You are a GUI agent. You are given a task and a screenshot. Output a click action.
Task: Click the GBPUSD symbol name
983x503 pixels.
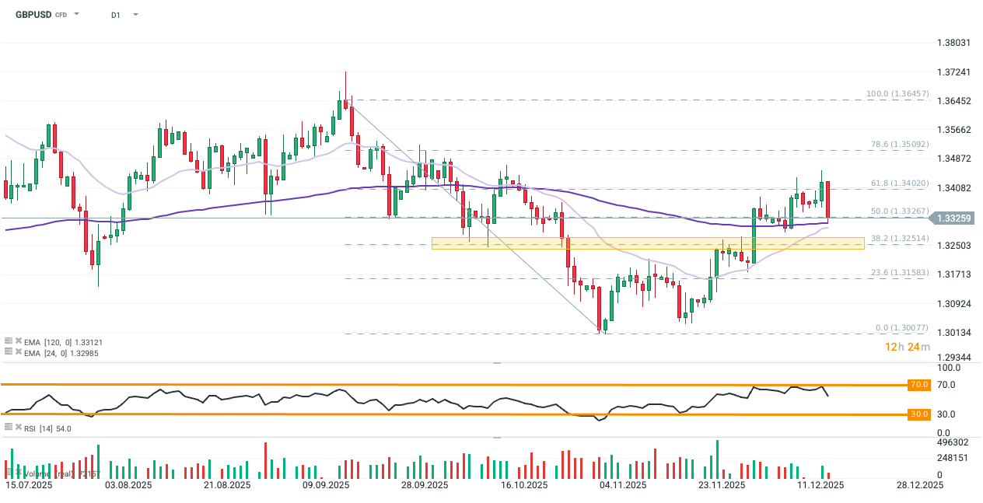tap(33, 15)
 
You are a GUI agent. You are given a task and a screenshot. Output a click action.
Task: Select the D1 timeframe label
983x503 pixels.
tap(116, 15)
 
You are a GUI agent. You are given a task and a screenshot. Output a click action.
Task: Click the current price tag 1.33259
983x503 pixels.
tap(953, 218)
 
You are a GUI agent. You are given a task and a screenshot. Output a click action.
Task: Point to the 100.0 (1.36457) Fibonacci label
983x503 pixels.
tap(897, 94)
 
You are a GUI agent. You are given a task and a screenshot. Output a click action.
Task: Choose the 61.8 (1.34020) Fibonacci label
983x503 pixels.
tap(900, 183)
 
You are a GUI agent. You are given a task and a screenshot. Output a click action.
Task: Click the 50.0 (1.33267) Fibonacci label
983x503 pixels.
tap(900, 211)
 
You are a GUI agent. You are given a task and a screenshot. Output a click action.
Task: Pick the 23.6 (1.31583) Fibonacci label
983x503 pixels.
tap(900, 273)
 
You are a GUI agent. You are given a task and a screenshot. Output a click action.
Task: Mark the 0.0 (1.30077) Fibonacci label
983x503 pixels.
tap(902, 328)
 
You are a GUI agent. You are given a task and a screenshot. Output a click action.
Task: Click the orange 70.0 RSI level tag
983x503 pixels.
tap(918, 385)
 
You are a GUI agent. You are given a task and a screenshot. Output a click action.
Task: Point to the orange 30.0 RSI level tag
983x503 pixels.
tap(918, 414)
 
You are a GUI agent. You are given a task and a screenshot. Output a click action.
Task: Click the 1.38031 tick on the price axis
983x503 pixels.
tap(953, 43)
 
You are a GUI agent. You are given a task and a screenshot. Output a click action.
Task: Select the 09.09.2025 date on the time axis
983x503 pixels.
tap(325, 485)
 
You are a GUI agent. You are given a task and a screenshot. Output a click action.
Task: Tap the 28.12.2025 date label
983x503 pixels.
tap(919, 485)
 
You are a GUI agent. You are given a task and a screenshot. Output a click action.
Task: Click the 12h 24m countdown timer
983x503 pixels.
tap(907, 347)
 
